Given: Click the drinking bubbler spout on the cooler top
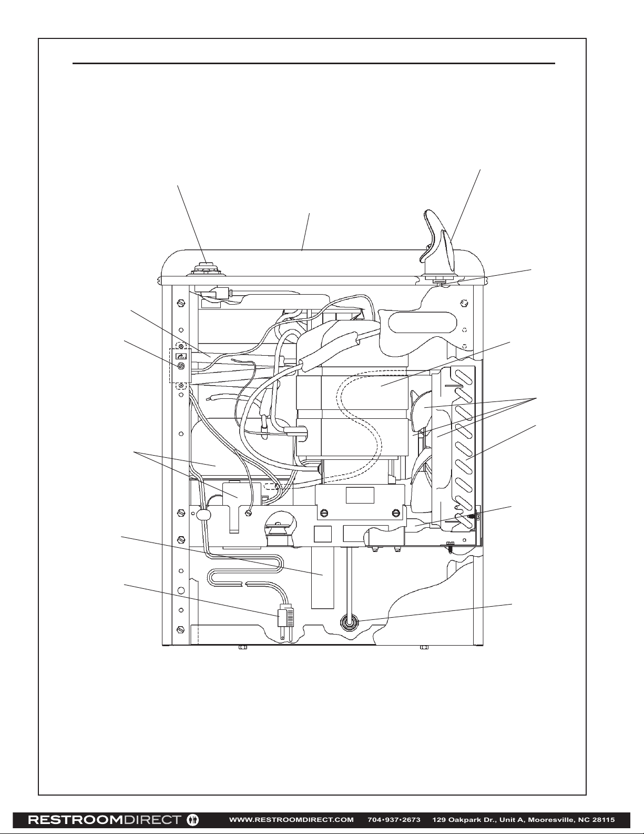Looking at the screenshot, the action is tap(437, 240).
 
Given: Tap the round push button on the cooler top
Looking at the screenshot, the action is tap(207, 269).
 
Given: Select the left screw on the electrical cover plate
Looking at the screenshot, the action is tap(325, 513).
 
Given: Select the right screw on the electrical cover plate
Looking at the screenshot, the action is tap(396, 513).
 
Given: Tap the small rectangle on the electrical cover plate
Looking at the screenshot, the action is tap(360, 495).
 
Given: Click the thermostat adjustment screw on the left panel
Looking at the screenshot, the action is tap(182, 366).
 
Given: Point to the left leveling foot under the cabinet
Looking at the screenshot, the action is tap(243, 648).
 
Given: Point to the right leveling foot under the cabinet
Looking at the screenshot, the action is tap(424, 648).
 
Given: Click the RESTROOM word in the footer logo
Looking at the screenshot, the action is tap(75, 817).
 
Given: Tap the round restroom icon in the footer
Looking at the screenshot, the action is tap(192, 817).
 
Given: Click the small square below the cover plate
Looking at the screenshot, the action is tap(322, 534).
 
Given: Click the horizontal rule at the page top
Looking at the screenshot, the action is tap(314, 63).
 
